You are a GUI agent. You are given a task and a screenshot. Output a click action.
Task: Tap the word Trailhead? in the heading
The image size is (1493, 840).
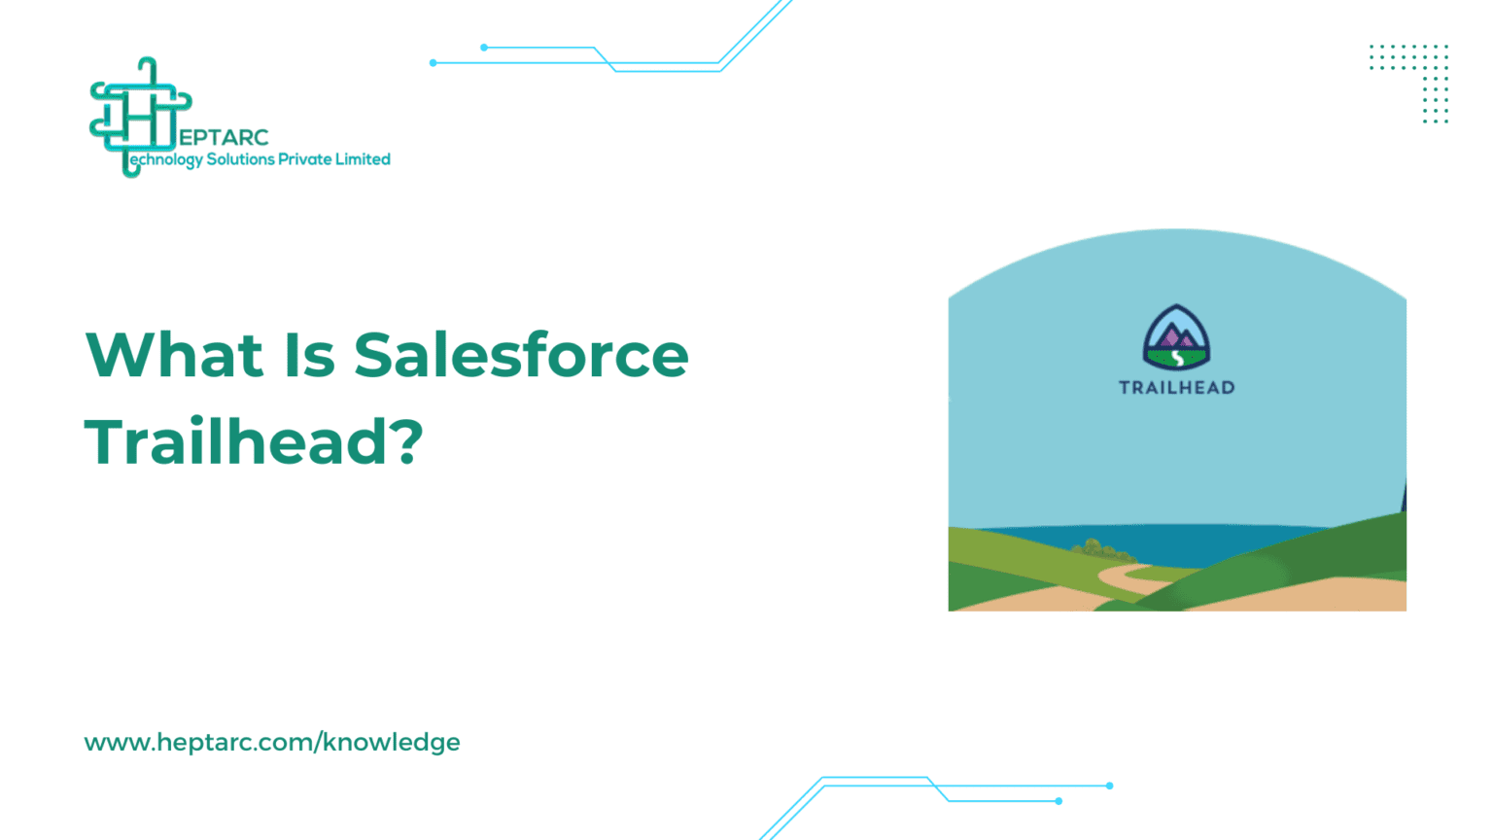pos(254,441)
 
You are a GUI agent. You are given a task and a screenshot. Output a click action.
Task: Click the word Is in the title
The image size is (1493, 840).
pos(309,355)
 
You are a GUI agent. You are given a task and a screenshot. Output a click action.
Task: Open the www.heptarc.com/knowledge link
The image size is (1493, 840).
pos(272,742)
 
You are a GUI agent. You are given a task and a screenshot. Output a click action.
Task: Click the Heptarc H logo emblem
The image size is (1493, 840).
pos(141,118)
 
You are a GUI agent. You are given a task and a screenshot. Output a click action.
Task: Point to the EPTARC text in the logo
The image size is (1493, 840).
pos(224,137)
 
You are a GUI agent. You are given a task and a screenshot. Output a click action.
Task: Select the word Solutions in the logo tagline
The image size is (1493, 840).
pos(241,159)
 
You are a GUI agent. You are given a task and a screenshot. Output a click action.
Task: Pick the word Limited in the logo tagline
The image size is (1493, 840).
pos(363,159)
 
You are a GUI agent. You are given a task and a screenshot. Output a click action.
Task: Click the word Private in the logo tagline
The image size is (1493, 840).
pos(304,159)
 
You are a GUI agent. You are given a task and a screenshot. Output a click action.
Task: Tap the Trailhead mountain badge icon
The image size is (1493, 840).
pos(1176,336)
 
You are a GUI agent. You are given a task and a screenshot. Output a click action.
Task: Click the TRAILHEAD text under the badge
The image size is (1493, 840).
pos(1176,387)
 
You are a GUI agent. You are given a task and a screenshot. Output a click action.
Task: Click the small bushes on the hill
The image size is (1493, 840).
pos(1099,549)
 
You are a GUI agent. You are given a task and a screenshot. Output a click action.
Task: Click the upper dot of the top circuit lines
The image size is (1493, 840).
pos(484,48)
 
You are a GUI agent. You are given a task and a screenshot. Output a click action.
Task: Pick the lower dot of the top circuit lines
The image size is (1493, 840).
pos(434,62)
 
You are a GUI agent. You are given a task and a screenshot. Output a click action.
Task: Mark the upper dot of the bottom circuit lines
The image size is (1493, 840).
pos(1110,786)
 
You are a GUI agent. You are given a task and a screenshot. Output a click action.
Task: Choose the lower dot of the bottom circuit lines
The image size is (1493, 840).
pos(1059,801)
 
